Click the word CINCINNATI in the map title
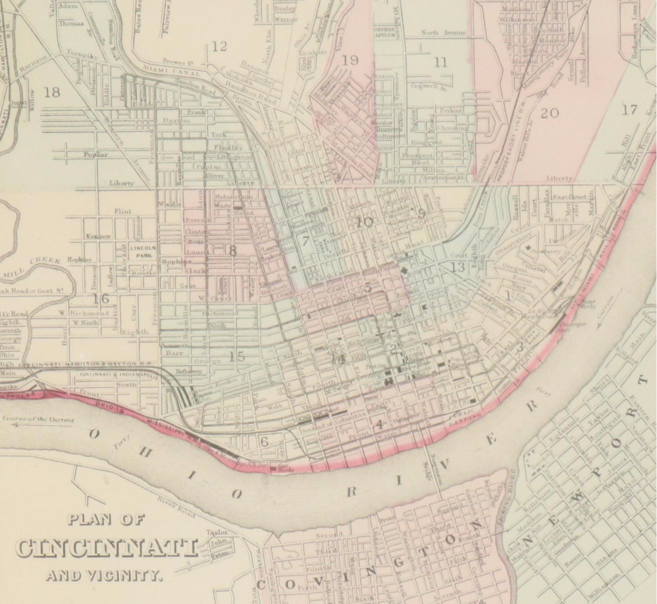(106, 548)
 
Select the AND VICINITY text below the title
(104, 576)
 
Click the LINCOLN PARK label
(144, 251)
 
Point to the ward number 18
(51, 92)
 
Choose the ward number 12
(219, 46)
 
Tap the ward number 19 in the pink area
(350, 60)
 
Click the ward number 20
(549, 113)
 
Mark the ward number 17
(630, 109)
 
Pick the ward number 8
(232, 251)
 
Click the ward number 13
(457, 267)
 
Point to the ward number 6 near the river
(264, 441)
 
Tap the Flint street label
(123, 211)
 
